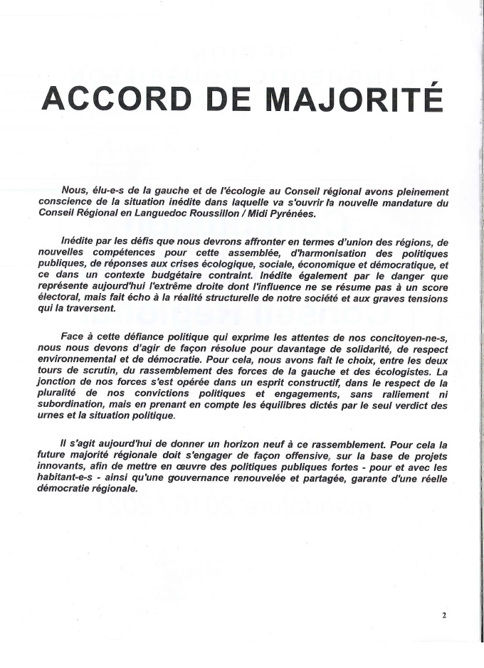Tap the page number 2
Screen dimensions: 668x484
(x=444, y=616)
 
